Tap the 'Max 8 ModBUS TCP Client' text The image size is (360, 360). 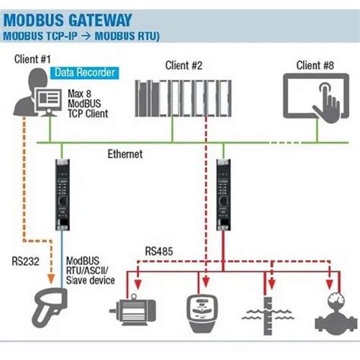88,103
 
